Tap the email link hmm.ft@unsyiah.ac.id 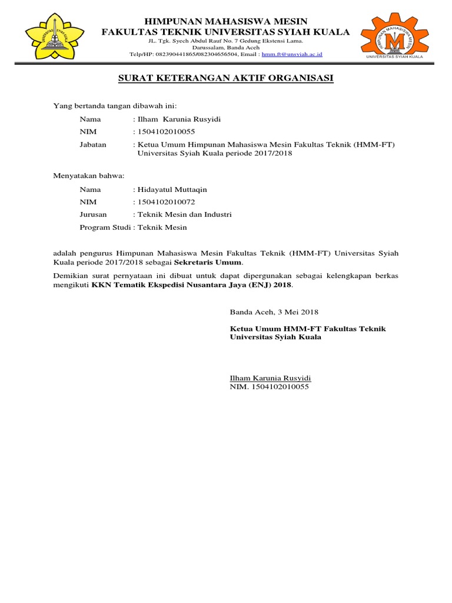[292, 54]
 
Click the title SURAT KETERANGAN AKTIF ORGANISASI [226, 78]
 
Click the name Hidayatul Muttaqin [172, 190]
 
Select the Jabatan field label [93, 145]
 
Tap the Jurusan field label [93, 214]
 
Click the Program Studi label [105, 227]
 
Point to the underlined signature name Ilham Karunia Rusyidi [270, 378]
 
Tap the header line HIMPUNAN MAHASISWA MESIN [226, 22]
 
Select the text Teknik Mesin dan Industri [184, 214]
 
